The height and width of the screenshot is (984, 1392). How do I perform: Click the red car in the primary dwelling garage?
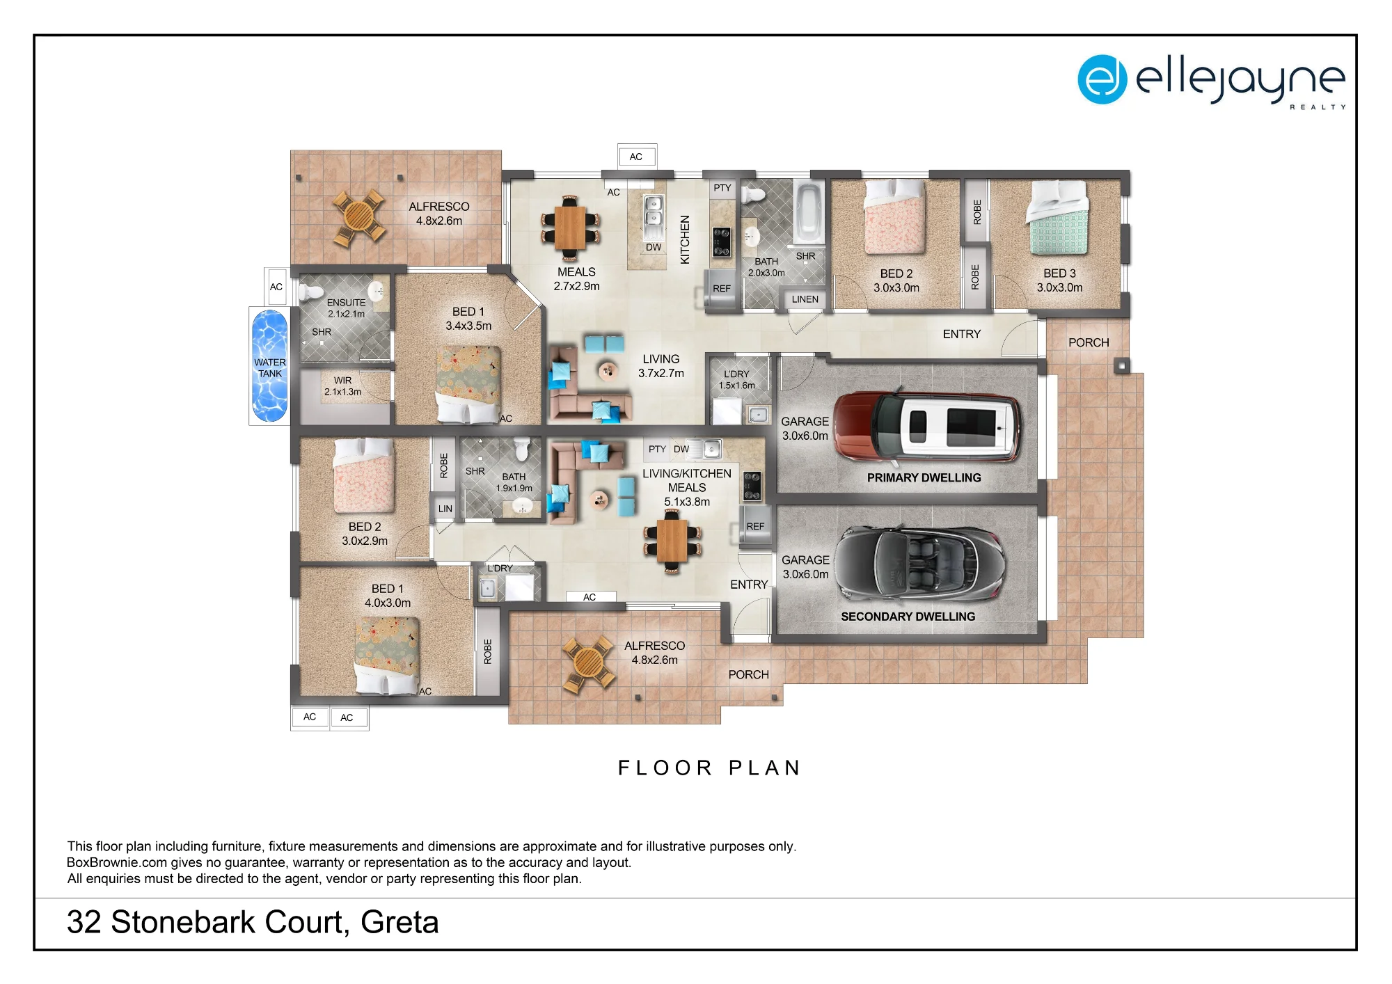pos(928,427)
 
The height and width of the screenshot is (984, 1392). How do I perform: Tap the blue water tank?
pos(269,366)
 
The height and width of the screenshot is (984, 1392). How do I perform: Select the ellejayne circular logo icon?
pos(1102,79)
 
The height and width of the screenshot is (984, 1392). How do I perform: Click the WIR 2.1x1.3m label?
pos(342,386)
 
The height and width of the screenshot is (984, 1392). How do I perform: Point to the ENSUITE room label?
pos(346,303)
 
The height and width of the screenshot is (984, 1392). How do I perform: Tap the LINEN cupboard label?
pos(805,299)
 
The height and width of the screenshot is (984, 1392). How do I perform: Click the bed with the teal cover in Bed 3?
pos(1058,218)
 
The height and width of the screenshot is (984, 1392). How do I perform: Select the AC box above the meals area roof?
pos(636,157)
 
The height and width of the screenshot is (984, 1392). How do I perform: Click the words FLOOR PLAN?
pos(709,768)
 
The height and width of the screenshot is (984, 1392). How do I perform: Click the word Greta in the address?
pos(400,922)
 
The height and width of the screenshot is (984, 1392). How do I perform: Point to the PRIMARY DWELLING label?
pos(924,477)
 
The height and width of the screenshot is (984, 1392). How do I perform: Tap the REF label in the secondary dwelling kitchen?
pos(755,527)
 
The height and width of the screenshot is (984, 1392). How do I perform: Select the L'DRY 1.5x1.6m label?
pos(737,379)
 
